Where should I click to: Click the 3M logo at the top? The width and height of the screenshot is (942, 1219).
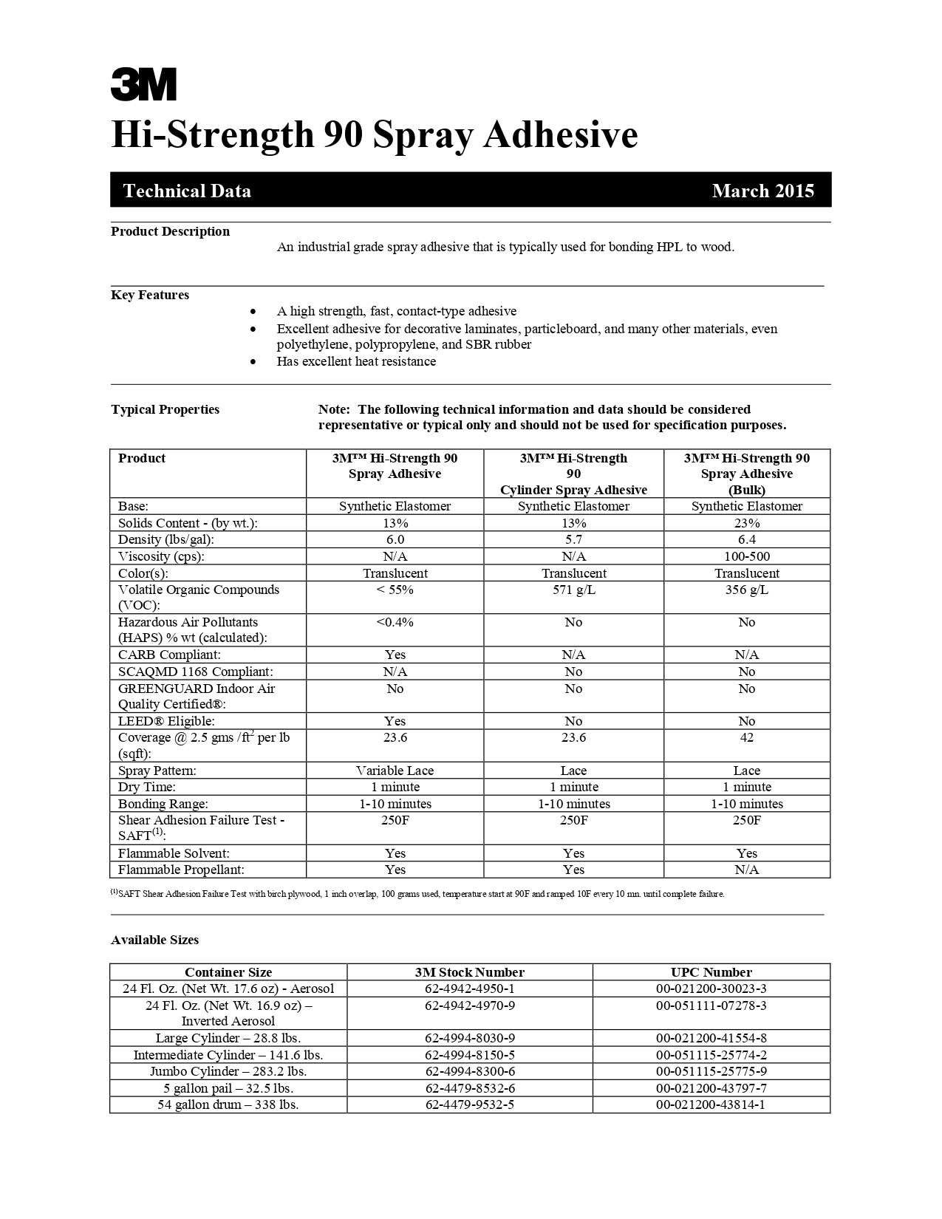pos(144,84)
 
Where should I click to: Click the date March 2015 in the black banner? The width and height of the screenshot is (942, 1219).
pos(762,191)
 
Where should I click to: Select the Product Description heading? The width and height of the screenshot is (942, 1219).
pos(170,231)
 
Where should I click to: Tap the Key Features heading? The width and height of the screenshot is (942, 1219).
pos(150,295)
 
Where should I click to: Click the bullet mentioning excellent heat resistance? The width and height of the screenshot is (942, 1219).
pos(356,361)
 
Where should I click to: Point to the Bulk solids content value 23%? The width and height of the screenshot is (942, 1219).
pos(746,523)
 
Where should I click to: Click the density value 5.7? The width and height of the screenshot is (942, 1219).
pos(573,539)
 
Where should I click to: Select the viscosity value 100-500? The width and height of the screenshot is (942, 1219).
pos(746,556)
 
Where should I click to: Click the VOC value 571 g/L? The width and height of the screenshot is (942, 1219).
pos(573,590)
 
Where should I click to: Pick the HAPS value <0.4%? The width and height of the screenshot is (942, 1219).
pos(395,622)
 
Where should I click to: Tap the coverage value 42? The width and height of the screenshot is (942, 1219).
pos(746,737)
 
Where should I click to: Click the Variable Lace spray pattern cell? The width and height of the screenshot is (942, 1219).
pos(395,771)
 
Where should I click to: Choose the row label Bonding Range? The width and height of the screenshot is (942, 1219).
pos(163,804)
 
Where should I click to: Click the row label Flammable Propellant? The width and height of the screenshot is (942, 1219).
pos(181,870)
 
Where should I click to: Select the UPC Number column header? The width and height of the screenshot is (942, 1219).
pos(711,972)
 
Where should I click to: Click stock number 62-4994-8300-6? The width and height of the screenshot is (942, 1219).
pos(470,1071)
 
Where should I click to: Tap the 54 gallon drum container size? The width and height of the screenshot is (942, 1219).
pos(228,1104)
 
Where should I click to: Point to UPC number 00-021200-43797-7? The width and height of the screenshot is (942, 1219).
pos(711,1088)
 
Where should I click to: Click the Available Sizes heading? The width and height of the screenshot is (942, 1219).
pos(154,940)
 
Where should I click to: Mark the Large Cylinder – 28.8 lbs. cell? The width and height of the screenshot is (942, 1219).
pos(228,1038)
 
